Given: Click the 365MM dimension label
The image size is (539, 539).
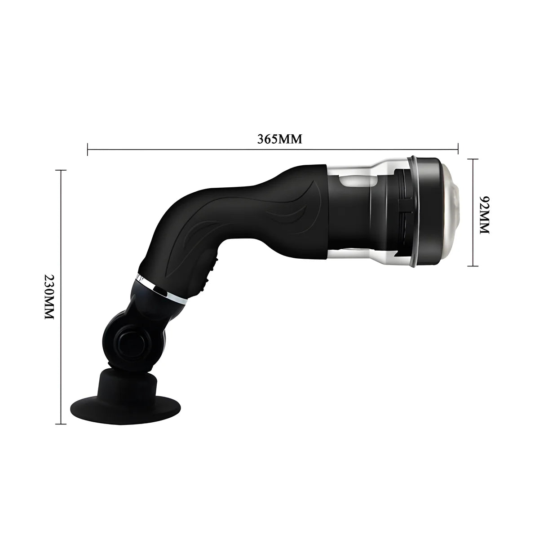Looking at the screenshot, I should pyautogui.click(x=279, y=139).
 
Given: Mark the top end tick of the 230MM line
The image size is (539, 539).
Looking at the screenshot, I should pyautogui.click(x=61, y=170).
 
